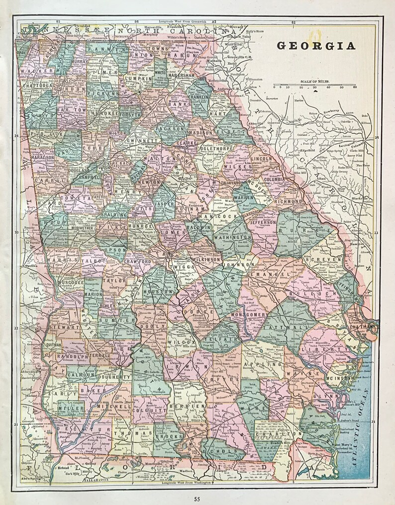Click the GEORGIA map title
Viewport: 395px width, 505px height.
coord(315,46)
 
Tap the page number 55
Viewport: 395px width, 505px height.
coord(197,499)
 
